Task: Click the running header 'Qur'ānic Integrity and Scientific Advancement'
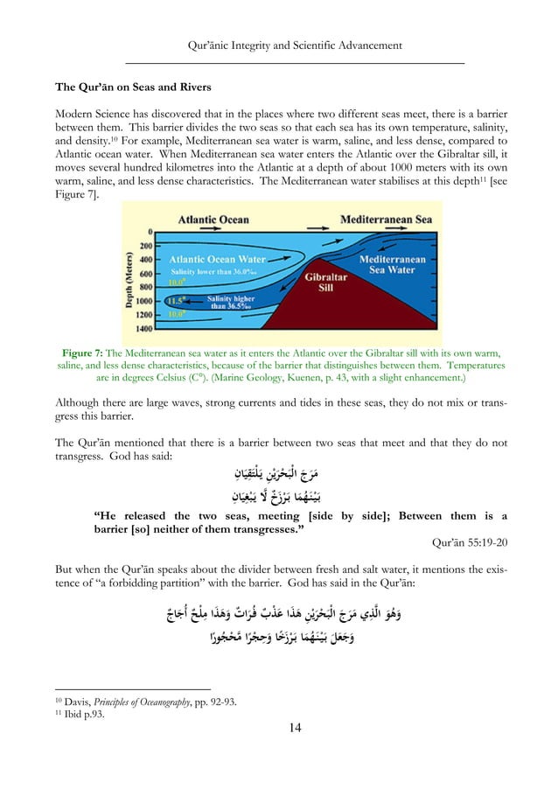coord(295,45)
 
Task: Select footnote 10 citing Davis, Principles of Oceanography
coord(142,702)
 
